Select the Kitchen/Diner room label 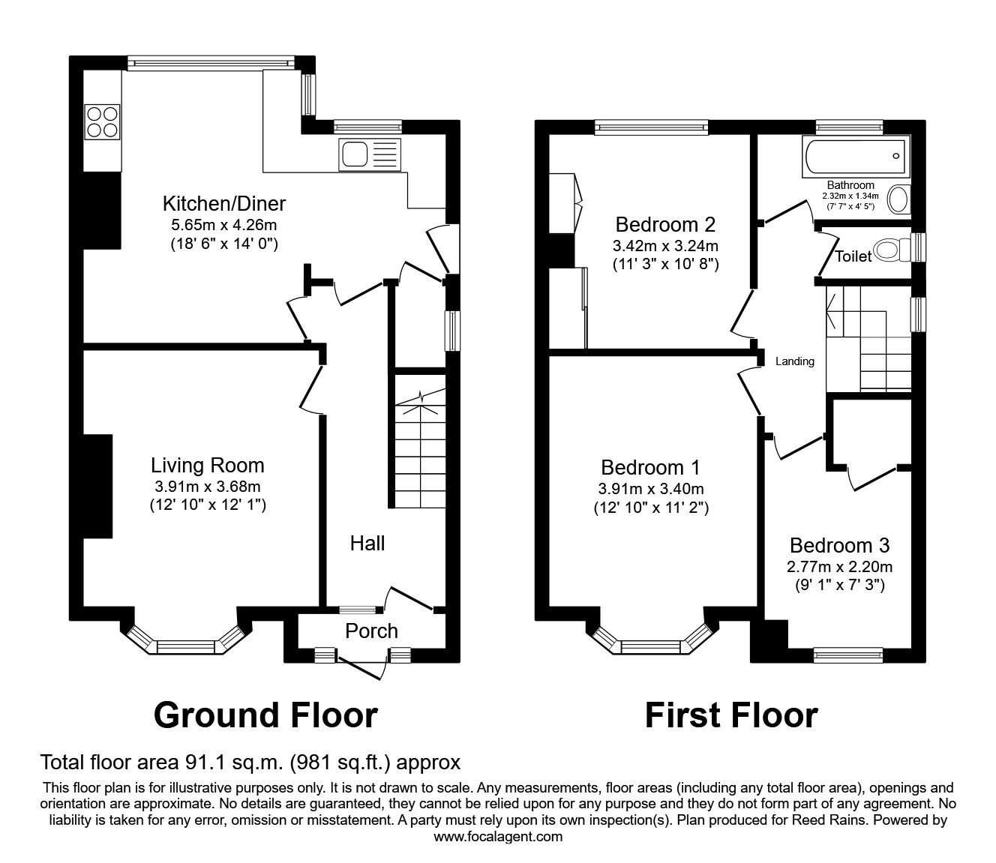point(224,203)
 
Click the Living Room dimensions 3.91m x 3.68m point(207,486)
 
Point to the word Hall point(367,543)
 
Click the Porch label point(371,631)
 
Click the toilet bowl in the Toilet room point(892,248)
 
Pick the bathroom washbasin point(897,199)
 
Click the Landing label point(794,361)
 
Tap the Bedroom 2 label point(665,224)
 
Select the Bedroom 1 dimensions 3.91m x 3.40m point(650,489)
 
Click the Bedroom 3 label point(839,545)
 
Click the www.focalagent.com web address point(498,836)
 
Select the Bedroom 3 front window point(849,655)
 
